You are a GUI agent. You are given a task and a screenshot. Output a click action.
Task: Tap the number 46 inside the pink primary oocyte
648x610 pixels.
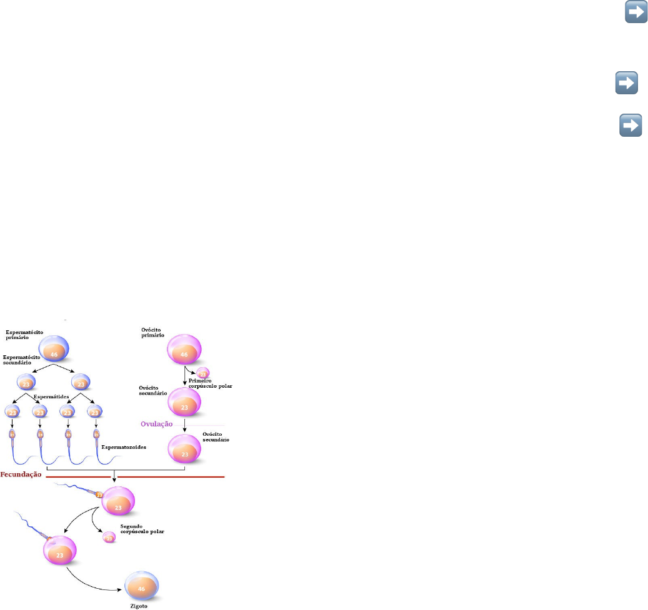pos(184,355)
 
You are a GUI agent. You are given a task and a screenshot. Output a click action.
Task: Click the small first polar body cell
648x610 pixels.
pos(203,373)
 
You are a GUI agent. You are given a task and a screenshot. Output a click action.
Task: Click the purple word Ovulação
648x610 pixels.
pos(156,423)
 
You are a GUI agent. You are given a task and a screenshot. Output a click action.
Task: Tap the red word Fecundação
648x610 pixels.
pos(21,474)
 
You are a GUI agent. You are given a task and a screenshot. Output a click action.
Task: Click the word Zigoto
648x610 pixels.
pos(139,605)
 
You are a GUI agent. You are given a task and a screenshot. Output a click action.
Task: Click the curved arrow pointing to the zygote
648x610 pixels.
pos(94,578)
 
